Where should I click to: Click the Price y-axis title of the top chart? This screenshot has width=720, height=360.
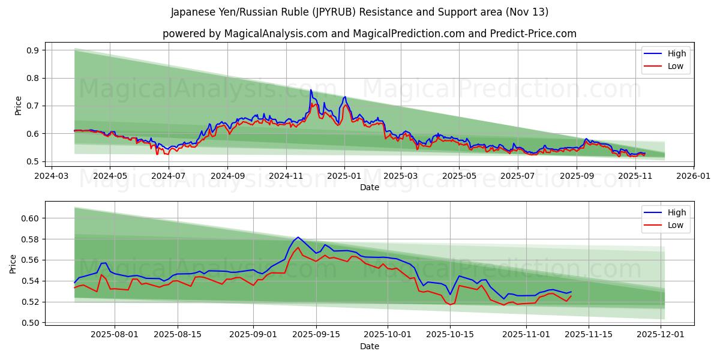[18, 106]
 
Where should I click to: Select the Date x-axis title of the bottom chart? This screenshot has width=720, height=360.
[369, 346]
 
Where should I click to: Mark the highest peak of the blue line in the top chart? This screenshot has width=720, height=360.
[311, 90]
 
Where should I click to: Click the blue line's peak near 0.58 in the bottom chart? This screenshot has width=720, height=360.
[298, 237]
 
